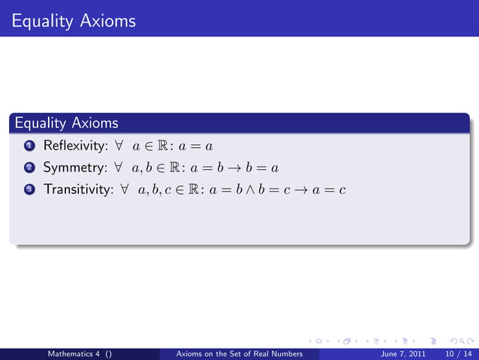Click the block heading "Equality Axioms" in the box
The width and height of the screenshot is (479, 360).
pos(66,122)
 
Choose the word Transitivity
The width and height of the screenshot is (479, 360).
pos(75,190)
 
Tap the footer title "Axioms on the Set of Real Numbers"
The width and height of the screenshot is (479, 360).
pos(238,354)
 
